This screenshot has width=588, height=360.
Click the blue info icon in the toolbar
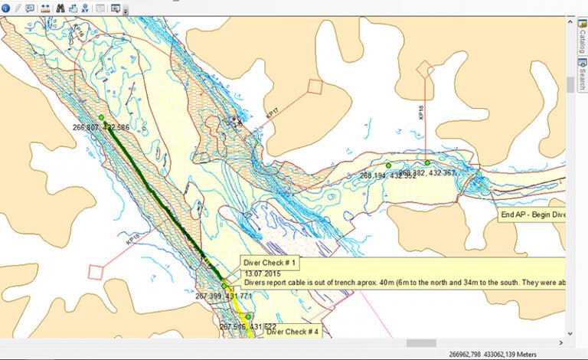[x=6, y=8]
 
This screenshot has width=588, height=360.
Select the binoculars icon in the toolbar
[x=59, y=8]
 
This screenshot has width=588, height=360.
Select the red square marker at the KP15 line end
[x=96, y=271]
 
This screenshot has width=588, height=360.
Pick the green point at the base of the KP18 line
[x=427, y=162]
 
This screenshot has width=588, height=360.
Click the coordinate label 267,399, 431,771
[x=224, y=296]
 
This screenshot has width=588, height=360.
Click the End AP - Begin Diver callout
[x=533, y=215]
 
